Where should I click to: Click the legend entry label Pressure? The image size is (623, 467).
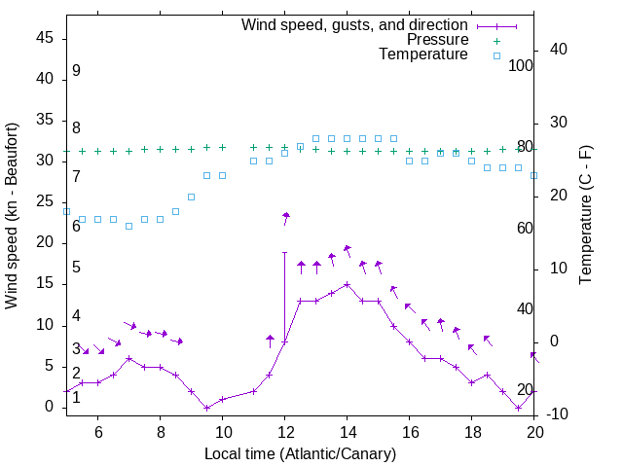(x=437, y=40)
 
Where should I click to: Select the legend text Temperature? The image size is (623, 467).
(x=423, y=54)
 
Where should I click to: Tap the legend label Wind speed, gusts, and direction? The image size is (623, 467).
(x=355, y=24)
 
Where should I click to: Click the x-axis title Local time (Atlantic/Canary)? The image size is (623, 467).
(x=300, y=453)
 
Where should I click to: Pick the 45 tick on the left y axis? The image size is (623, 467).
(x=45, y=38)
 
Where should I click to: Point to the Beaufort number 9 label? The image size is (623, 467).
(x=76, y=71)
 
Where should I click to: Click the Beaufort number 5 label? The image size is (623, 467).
(x=76, y=268)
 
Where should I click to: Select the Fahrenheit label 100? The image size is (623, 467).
(x=521, y=65)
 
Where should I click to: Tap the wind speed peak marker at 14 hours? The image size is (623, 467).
(x=347, y=284)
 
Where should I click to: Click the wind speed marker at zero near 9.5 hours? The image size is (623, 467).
(x=206, y=408)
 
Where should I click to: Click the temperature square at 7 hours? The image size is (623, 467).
(x=128, y=226)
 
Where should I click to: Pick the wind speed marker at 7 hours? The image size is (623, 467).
(x=128, y=358)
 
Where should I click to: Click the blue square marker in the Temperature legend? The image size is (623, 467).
(x=495, y=55)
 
